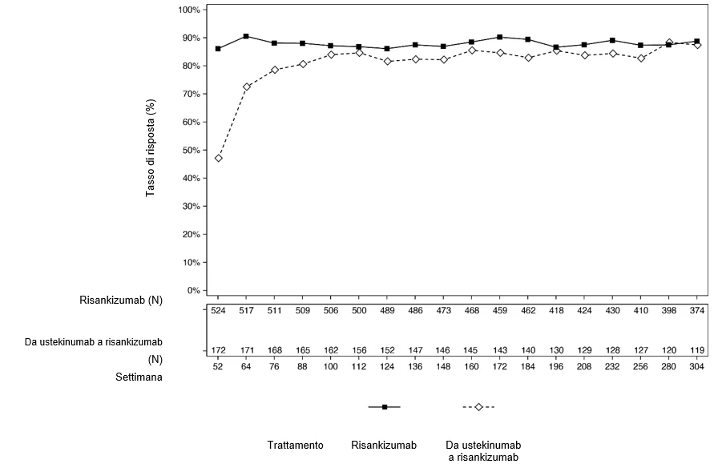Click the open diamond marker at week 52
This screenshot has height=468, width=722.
218,158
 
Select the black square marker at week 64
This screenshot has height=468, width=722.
246,36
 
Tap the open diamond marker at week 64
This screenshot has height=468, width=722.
247,87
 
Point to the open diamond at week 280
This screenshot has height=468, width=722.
669,42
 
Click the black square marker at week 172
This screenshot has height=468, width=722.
500,37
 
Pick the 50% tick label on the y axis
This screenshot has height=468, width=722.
189,150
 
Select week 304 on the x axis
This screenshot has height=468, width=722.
696,367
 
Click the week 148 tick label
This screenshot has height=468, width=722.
443,367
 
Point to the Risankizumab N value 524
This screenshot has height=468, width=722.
218,310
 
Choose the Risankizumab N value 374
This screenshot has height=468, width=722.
696,310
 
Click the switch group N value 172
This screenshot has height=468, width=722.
218,350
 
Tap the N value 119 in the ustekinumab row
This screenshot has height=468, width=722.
696,350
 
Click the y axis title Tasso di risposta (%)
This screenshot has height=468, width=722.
151,148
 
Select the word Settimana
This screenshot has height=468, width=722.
139,377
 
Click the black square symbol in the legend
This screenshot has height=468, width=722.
385,407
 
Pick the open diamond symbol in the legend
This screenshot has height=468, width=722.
478,407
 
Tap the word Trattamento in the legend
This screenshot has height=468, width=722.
296,446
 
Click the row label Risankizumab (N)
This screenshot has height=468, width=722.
121,301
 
